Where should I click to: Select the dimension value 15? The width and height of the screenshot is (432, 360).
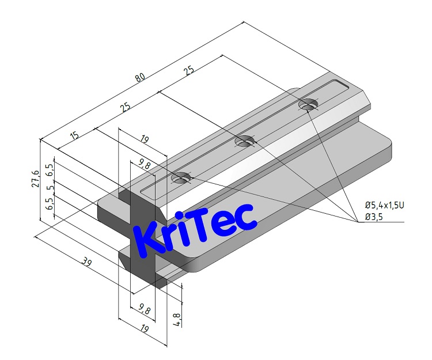point(74,136)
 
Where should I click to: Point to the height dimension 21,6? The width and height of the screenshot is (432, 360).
point(36,178)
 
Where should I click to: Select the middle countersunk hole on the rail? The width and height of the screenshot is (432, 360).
point(245,141)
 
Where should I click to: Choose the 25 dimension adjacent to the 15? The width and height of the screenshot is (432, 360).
point(124,107)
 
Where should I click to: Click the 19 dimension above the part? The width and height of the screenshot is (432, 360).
point(146,139)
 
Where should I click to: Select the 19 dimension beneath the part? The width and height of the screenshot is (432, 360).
point(144,328)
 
